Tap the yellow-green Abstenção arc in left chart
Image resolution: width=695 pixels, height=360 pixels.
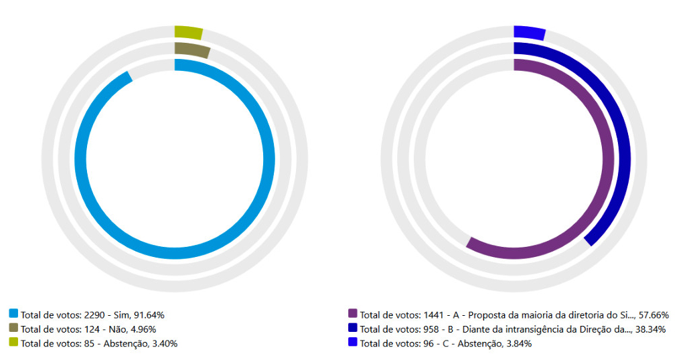pyautogui.click(x=188, y=32)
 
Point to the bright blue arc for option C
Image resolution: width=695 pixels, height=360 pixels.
pyautogui.click(x=529, y=33)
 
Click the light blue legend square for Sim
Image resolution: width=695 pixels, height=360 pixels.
pyautogui.click(x=13, y=314)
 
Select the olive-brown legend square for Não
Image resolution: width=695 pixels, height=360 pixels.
pyautogui.click(x=13, y=329)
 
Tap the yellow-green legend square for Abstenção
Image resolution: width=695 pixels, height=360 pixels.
pyautogui.click(x=13, y=343)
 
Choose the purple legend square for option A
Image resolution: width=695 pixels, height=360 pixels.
pyautogui.click(x=353, y=314)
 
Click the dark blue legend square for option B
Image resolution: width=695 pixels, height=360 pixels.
pyautogui.click(x=353, y=329)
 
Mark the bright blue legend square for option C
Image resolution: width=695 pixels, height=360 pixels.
pyautogui.click(x=353, y=343)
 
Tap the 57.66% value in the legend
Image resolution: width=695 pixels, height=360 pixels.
pyautogui.click(x=653, y=314)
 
